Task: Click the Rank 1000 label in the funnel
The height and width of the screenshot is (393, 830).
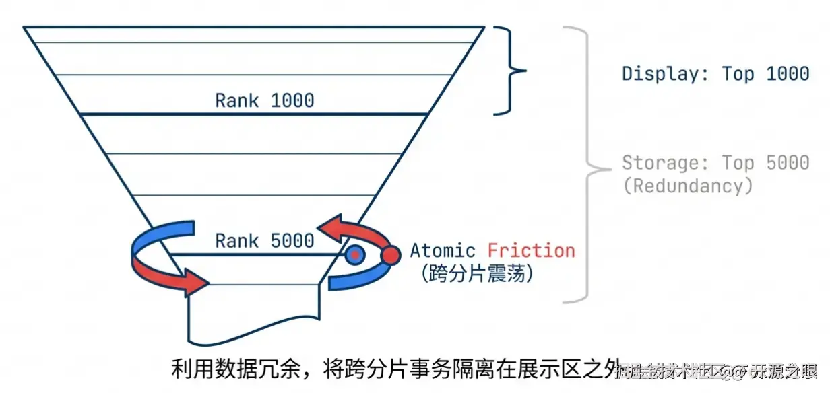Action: click(x=264, y=101)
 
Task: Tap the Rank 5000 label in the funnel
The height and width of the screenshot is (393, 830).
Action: click(x=264, y=240)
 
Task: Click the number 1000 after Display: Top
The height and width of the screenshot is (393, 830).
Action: click(x=787, y=73)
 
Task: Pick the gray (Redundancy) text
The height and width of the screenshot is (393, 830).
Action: click(x=687, y=186)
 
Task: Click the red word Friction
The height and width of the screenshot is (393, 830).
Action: click(x=532, y=252)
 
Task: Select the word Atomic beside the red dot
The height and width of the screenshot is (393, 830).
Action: click(x=443, y=252)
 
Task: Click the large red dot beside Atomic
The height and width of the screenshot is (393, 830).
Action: click(x=390, y=256)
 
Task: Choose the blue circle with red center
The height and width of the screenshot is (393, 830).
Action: click(x=354, y=255)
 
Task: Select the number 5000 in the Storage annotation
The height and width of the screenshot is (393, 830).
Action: click(x=787, y=163)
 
